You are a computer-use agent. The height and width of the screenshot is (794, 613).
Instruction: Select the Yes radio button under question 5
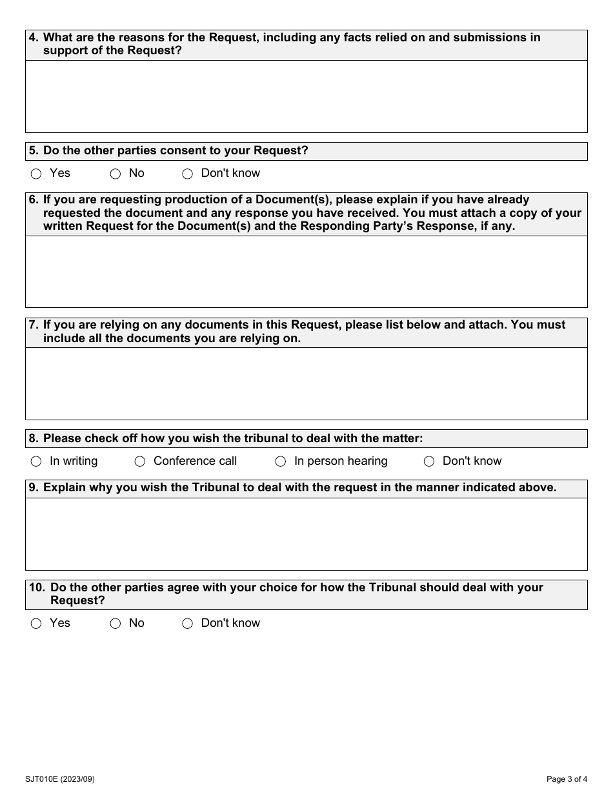pos(36,174)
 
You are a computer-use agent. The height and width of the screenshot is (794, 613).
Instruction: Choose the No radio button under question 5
pos(116,174)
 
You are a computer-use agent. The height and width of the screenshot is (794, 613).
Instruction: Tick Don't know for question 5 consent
pos(188,174)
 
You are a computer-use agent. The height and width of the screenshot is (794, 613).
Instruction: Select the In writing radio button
pos(36,462)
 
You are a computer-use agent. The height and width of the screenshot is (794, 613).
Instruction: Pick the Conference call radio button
pos(140,462)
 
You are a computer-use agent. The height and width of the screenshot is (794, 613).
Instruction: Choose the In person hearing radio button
pos(281,462)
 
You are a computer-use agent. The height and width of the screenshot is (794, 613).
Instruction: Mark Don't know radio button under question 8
pos(429,462)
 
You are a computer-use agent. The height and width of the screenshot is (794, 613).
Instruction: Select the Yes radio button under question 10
pos(36,624)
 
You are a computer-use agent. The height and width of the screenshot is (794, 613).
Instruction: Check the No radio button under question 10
pos(116,624)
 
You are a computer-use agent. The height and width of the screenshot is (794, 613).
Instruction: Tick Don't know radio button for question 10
pos(188,624)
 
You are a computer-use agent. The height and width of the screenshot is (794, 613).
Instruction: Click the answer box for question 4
pos(306,96)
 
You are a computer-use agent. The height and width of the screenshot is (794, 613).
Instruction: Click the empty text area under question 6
pos(306,271)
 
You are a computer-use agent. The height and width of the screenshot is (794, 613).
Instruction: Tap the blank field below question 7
pos(306,383)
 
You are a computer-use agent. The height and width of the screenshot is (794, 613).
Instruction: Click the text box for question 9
pos(306,534)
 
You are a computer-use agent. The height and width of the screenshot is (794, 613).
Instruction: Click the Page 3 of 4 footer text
pos(567,779)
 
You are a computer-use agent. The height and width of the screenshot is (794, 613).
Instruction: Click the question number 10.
pos(37,587)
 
